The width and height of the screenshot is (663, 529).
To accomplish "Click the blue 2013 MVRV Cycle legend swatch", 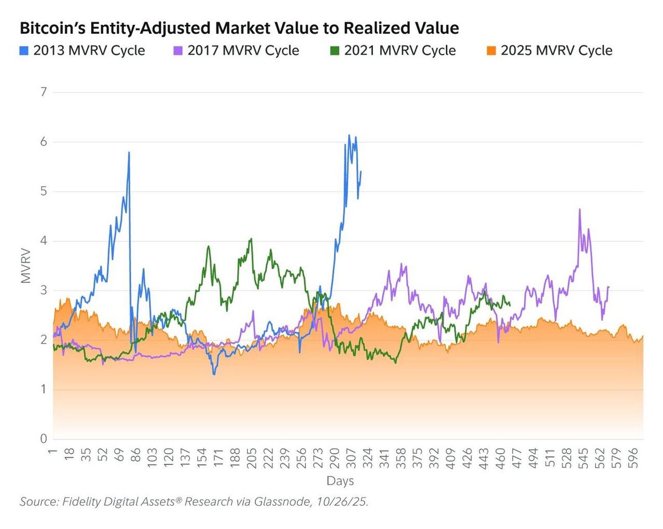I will [x=24, y=51].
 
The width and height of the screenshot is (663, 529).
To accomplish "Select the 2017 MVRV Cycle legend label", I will [x=244, y=51].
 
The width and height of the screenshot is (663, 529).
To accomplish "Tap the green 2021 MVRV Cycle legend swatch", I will [x=334, y=51].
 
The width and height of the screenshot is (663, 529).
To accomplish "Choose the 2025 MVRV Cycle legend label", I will [x=556, y=51].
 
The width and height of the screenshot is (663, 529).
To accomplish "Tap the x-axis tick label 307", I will [x=351, y=458].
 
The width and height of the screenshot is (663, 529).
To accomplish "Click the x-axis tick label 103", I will [x=152, y=458].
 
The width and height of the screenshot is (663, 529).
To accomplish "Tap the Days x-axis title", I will [x=340, y=480].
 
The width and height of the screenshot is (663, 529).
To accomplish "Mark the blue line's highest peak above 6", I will [x=349, y=135].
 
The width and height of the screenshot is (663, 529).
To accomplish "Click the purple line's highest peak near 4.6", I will [x=579, y=209].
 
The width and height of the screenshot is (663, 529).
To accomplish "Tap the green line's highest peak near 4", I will [x=251, y=239].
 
